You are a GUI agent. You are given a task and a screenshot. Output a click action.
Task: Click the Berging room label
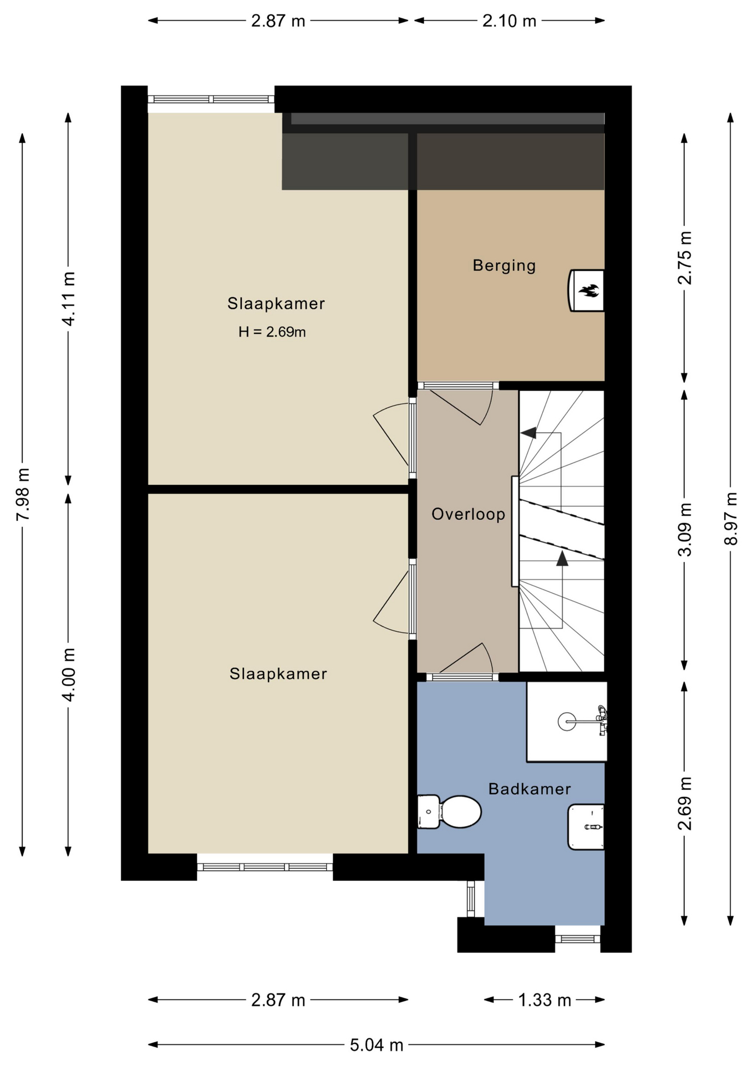tap(504, 266)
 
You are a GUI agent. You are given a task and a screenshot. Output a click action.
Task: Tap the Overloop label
tap(468, 514)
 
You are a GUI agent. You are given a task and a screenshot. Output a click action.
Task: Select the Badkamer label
tap(530, 789)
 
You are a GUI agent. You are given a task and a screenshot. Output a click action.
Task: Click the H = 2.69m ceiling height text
tap(272, 332)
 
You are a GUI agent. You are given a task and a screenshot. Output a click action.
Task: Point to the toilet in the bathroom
tap(450, 812)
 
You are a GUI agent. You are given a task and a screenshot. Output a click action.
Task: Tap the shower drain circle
tap(567, 722)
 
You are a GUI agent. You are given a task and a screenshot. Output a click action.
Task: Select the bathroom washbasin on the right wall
tap(586, 826)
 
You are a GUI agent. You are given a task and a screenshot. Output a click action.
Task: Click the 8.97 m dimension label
tap(731, 519)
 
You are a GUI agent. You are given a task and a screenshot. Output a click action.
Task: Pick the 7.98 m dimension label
tap(23, 494)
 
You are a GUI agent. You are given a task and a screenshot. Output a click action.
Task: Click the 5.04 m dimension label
tap(376, 1045)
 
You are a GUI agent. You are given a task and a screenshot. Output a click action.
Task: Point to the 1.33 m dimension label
tap(545, 1000)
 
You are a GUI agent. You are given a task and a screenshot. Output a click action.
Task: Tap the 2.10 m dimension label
tap(509, 21)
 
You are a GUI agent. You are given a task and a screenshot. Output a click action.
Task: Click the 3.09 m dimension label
tap(685, 530)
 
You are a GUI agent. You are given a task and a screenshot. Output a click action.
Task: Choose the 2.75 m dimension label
tap(685, 258)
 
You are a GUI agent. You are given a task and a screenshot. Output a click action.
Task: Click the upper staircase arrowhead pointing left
tap(528, 433)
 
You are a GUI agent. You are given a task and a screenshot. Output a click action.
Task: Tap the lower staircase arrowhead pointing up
tap(562, 558)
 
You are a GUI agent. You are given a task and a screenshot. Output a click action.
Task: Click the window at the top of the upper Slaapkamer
tap(211, 99)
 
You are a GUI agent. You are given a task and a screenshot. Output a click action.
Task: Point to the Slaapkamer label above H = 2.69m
tap(276, 303)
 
